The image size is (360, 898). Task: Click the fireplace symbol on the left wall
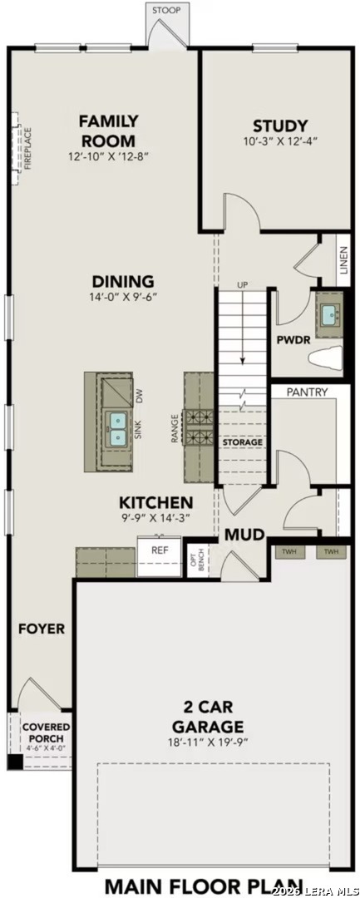point(17,149)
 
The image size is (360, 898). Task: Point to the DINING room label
point(123,281)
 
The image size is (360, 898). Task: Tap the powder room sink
point(330,314)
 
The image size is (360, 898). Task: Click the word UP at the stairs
point(243,285)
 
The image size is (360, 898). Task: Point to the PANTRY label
point(307,392)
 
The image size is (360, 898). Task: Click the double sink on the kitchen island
point(118,427)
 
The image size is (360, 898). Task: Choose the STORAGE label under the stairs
point(242,442)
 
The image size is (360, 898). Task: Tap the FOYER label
point(42,629)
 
